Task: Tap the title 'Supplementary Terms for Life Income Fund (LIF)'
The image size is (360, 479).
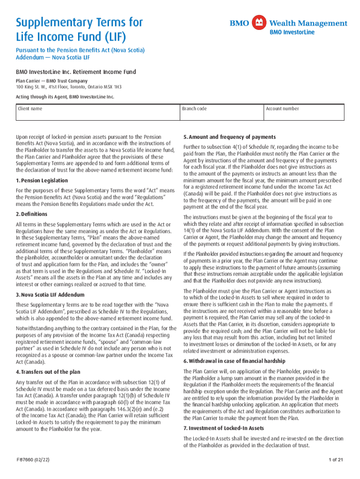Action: click(x=79, y=29)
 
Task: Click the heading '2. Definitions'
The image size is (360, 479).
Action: click(x=31, y=214)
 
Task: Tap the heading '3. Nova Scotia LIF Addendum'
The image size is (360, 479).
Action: click(x=50, y=295)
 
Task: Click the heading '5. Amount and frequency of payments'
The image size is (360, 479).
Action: click(x=230, y=137)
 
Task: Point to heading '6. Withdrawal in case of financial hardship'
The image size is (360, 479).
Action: click(x=234, y=361)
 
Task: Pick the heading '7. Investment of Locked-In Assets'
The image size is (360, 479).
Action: click(x=223, y=428)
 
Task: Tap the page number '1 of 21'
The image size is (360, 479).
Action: click(x=336, y=460)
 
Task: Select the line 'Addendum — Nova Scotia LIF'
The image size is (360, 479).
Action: click(x=53, y=58)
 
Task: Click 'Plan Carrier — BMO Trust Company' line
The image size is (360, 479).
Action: click(x=52, y=81)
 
